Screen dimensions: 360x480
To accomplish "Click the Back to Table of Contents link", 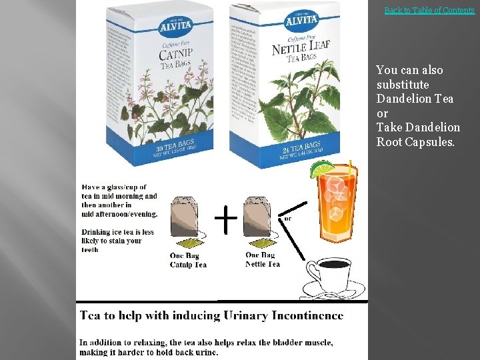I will pyautogui.click(x=429, y=10).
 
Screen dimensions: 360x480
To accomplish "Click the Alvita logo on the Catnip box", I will pyautogui.click(x=175, y=27).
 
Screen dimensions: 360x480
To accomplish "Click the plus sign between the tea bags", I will pyautogui.click(x=226, y=219).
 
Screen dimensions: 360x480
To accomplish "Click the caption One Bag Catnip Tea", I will pyautogui.click(x=188, y=260).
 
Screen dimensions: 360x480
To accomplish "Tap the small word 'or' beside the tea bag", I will pyautogui.click(x=288, y=218).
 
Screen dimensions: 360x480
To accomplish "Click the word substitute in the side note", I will pyautogui.click(x=403, y=85).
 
